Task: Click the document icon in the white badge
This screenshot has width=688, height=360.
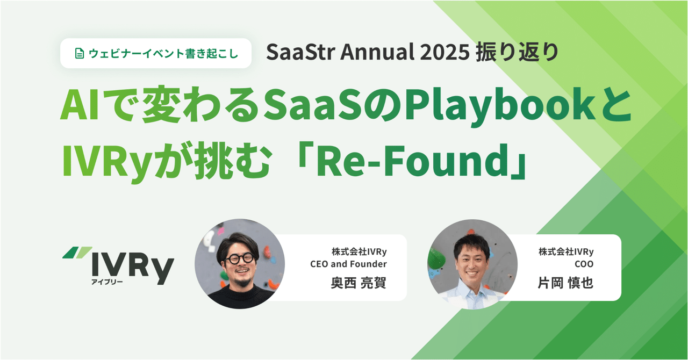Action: coord(78,54)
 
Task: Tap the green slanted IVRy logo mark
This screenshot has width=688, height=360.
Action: coord(77,251)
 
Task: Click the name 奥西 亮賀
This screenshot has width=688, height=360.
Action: coord(358,283)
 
